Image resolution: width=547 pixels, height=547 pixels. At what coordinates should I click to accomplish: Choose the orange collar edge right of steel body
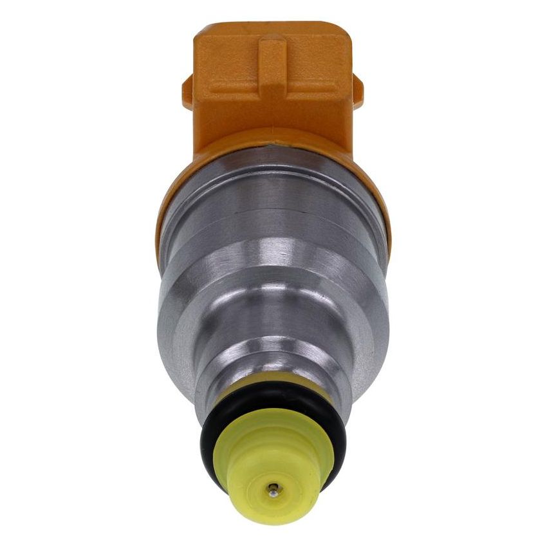coord(387,219)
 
